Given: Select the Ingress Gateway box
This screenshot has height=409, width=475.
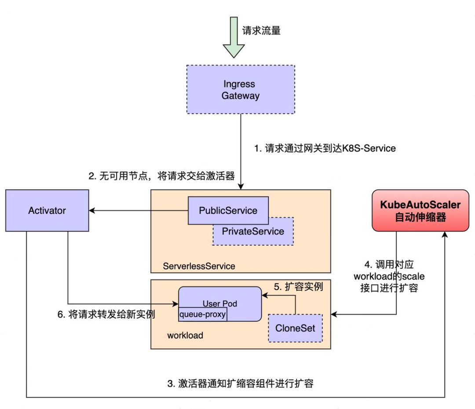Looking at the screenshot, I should coord(241,89).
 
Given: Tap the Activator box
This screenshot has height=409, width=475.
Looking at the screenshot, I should coord(47,210).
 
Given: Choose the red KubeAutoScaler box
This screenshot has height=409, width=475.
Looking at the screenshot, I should coord(420,210).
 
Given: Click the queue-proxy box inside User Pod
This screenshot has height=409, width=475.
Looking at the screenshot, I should coord(203,314).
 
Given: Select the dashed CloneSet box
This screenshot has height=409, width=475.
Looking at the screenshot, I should coord(295,328).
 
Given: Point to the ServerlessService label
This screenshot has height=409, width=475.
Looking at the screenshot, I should coord(199,266).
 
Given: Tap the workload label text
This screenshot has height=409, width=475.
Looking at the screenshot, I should coord(185,335).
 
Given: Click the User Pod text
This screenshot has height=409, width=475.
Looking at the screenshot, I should coord(220,304).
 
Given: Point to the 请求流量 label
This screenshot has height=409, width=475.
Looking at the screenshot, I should coord(261,30).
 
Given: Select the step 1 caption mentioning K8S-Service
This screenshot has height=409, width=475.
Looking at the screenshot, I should coord(325,148).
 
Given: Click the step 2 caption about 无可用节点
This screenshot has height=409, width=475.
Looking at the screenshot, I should coord(161,176).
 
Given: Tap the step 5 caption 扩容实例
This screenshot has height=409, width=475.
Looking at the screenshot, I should coord(299,287).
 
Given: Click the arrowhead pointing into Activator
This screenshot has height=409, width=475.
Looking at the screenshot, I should coord(93,211).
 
